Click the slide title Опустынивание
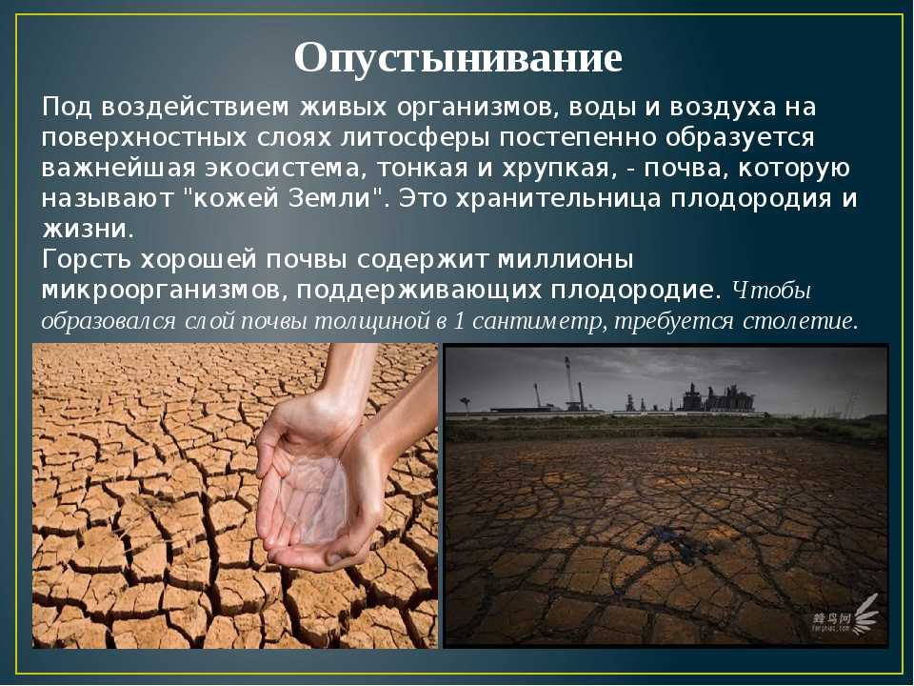click(x=458, y=59)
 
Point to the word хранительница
click(x=558, y=199)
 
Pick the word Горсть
click(x=87, y=259)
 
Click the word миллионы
click(x=566, y=259)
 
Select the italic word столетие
click(x=800, y=321)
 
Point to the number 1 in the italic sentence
click(x=458, y=321)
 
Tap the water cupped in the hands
click(x=313, y=495)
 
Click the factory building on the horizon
click(x=717, y=399)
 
